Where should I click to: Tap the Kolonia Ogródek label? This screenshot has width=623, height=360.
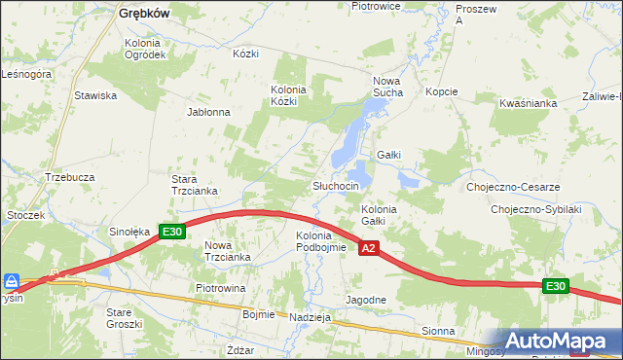click(x=145, y=49)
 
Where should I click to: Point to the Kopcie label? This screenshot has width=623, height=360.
click(x=441, y=91)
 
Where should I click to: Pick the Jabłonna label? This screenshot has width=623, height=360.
click(x=208, y=112)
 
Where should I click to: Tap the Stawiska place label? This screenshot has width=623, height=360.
click(x=96, y=95)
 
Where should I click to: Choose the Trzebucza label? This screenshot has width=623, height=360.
click(x=69, y=177)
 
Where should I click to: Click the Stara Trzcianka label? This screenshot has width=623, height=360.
click(x=194, y=185)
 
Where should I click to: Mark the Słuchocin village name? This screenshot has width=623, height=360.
click(x=336, y=186)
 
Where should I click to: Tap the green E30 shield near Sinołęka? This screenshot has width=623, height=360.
click(x=172, y=232)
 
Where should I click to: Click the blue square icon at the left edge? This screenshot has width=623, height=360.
click(x=12, y=281)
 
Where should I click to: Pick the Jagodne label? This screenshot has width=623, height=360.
click(x=367, y=300)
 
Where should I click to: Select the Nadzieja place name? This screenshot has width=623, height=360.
click(x=312, y=317)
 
